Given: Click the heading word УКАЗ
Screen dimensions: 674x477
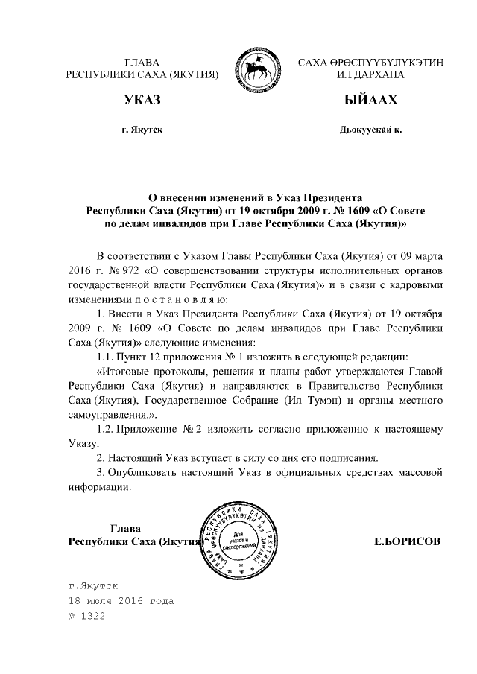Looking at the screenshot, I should point(142,100).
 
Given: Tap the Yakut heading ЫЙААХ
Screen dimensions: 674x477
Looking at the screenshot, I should point(370,100).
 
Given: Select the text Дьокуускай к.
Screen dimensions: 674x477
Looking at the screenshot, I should point(370,130).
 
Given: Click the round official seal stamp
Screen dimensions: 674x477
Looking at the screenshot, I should point(239,539).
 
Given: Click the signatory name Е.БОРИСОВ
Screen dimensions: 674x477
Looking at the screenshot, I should point(408,541).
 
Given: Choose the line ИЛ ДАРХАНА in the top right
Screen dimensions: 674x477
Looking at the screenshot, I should point(370,75).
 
